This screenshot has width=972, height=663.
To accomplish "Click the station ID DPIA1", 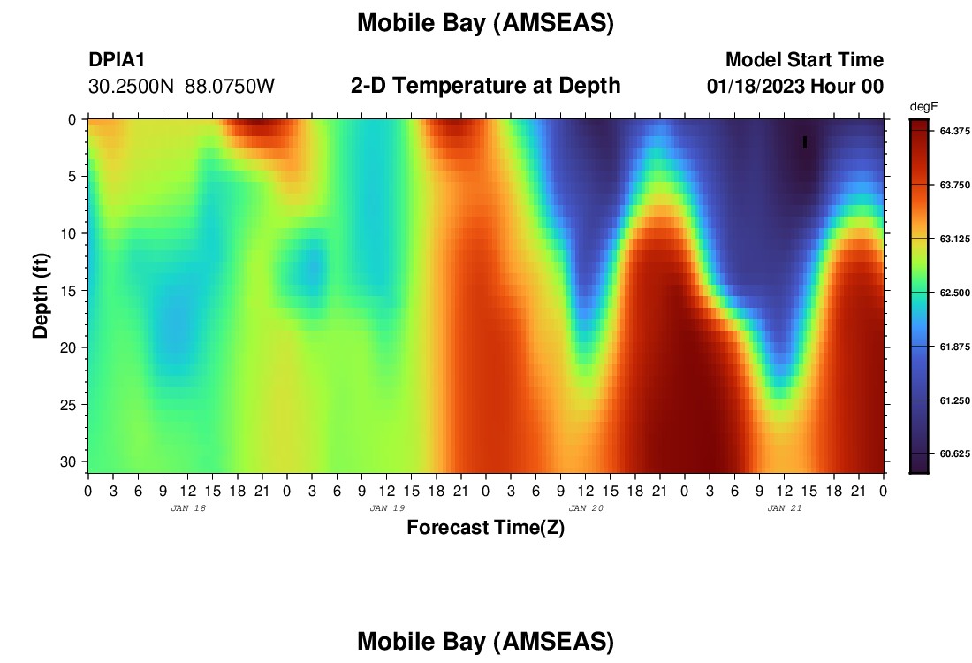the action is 117,59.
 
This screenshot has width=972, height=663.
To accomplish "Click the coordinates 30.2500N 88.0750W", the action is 181,87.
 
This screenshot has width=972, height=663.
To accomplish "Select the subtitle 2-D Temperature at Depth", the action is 485,86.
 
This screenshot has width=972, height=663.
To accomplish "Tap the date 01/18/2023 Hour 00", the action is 795,87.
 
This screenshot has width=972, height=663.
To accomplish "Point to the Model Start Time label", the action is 805,59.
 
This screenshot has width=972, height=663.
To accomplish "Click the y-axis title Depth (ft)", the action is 41,295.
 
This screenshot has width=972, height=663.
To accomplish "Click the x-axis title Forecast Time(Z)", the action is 485,527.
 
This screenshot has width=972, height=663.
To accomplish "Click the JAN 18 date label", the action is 188,508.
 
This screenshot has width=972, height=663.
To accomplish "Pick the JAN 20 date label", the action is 586,508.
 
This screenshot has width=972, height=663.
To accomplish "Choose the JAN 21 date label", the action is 784,508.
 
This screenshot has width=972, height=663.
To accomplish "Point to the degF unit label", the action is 923,107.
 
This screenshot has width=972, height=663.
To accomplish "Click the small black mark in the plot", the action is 805,142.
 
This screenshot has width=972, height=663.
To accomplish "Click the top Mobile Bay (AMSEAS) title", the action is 485,24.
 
